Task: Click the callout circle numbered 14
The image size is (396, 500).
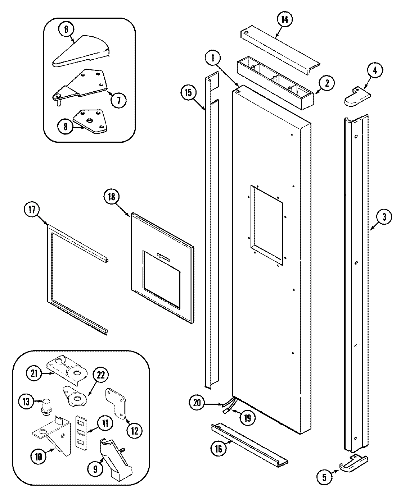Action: pyautogui.click(x=284, y=20)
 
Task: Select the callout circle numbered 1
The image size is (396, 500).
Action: pyautogui.click(x=213, y=57)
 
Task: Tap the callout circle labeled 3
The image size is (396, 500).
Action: pyautogui.click(x=384, y=217)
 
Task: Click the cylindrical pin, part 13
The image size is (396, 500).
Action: pyautogui.click(x=46, y=407)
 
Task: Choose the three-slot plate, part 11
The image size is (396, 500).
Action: pyautogui.click(x=81, y=432)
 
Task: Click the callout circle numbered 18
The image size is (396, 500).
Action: pyautogui.click(x=111, y=196)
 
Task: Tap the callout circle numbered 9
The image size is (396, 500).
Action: pyautogui.click(x=95, y=468)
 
